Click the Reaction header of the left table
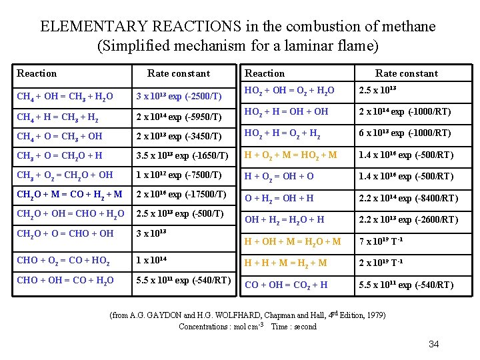37,73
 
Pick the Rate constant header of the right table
406,73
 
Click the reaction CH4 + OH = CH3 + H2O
65,97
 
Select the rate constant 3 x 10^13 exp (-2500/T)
179,97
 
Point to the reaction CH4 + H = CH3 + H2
61,118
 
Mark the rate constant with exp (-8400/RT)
408,198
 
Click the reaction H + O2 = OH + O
279,177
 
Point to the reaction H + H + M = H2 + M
286,263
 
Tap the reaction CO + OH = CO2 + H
286,285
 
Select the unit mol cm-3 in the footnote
244,327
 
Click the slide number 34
433,344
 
